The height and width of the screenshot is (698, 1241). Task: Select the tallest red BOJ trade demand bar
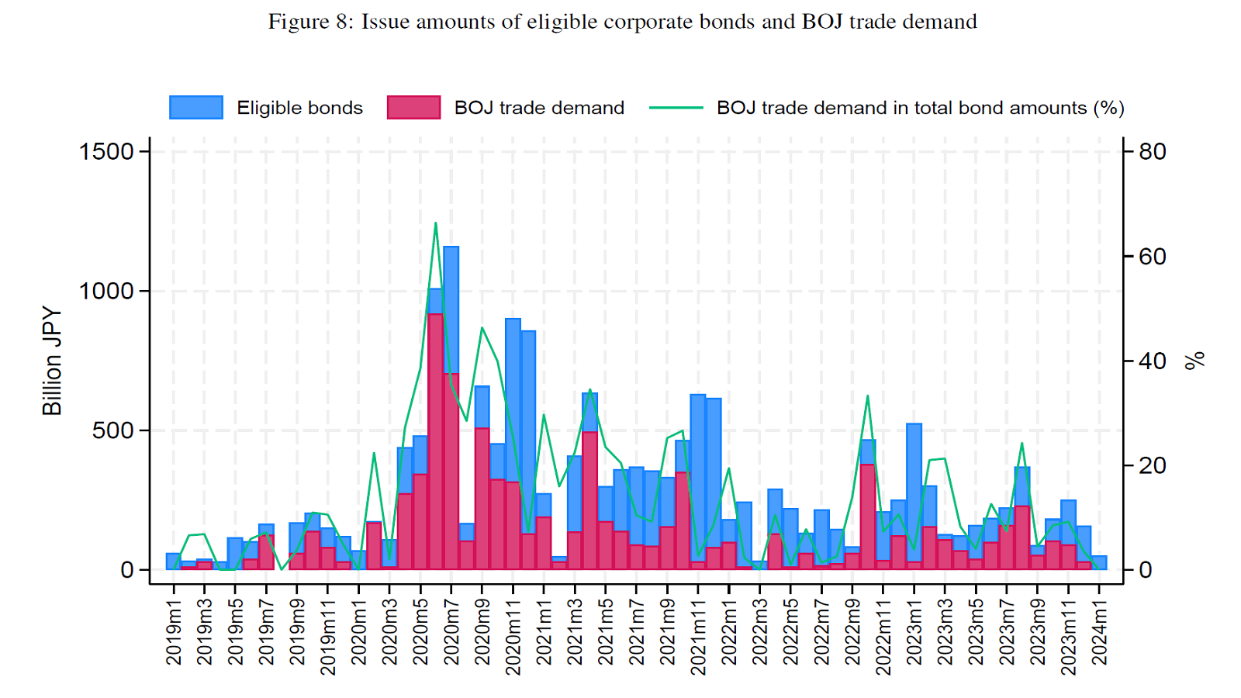[x=435, y=442]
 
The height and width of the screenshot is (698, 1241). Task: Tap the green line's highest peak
[x=435, y=223]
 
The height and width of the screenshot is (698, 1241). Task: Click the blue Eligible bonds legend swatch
[x=196, y=108]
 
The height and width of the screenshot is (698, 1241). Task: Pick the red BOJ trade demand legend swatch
[x=413, y=108]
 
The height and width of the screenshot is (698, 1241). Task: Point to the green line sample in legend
[x=676, y=108]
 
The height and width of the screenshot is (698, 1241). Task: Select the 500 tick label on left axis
[x=112, y=430]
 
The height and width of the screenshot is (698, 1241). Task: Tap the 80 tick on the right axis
[x=1153, y=151]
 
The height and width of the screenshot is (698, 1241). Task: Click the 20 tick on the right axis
[x=1153, y=465]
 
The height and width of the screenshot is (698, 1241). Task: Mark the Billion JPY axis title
[x=52, y=361]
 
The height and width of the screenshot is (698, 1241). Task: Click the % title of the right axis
[x=1195, y=361]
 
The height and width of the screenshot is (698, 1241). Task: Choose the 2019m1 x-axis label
[x=174, y=632]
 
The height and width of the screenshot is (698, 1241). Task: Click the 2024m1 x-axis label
[x=1099, y=632]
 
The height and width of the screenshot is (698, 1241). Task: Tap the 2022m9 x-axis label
[x=852, y=632]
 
